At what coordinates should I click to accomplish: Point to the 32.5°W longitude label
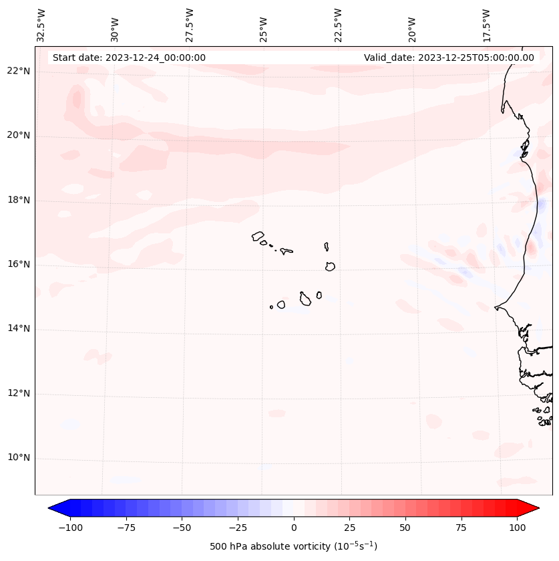[41, 25]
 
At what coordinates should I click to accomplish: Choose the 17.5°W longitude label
[486, 25]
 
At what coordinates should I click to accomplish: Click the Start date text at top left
[129, 58]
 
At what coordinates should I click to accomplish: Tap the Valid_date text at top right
[449, 58]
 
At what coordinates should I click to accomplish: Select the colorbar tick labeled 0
[294, 528]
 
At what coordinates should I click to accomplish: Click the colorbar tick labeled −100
[70, 528]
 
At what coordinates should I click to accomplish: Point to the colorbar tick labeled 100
[517, 528]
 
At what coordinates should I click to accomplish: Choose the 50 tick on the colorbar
[405, 528]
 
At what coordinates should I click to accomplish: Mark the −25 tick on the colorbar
[238, 528]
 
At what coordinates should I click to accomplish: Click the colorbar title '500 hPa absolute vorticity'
[293, 546]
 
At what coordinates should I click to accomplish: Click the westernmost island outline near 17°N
[258, 236]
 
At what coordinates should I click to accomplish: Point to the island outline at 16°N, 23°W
[330, 266]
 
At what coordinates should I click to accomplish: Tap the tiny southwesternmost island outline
[271, 307]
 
